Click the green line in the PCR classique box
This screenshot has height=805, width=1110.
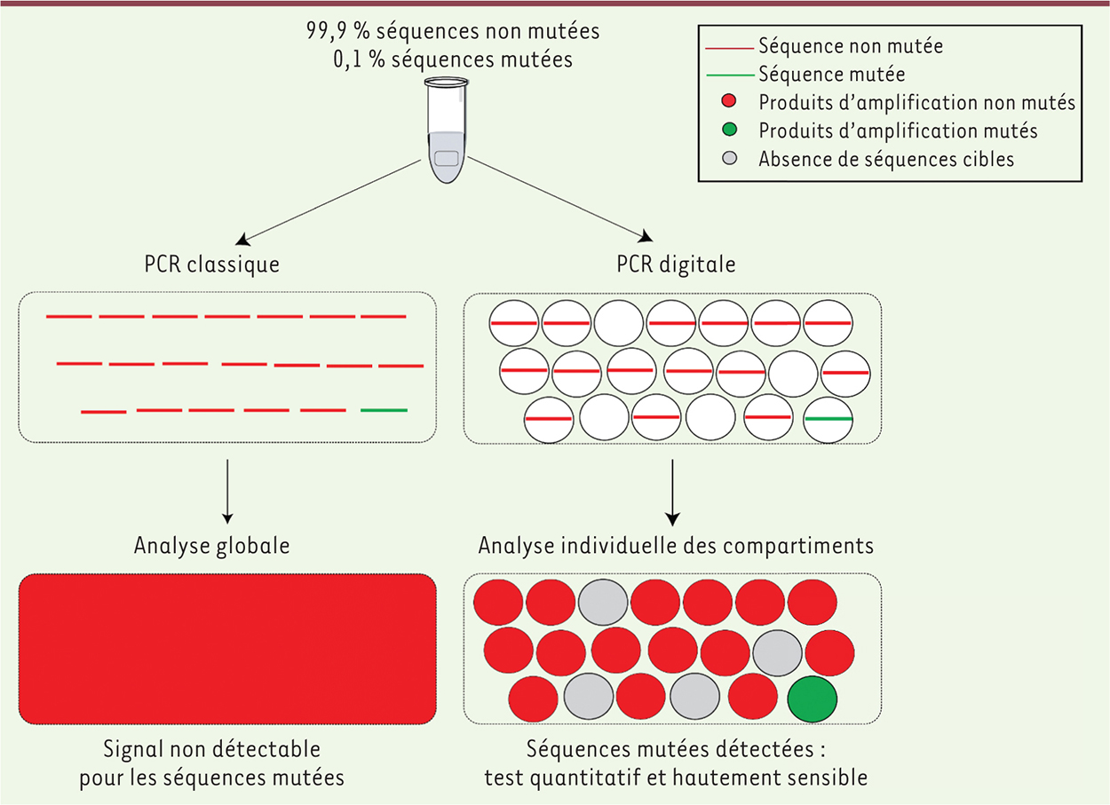click(x=384, y=410)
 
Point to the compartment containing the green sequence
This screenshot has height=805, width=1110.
click(x=828, y=418)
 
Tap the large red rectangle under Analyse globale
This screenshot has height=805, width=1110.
click(x=227, y=649)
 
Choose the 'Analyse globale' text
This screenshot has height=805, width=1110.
click(x=211, y=545)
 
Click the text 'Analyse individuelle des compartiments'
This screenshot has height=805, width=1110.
click(x=675, y=545)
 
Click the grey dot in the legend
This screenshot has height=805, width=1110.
click(x=728, y=160)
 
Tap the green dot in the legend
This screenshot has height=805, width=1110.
click(x=728, y=130)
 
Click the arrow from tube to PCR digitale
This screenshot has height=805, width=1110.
click(x=560, y=200)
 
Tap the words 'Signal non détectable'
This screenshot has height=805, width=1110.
click(x=211, y=750)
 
